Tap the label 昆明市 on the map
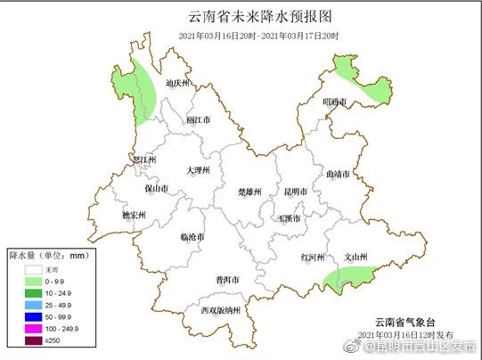click(295, 192)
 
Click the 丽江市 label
click(199, 119)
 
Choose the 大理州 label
click(198, 169)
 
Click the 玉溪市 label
click(290, 217)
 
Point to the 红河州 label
click(313, 258)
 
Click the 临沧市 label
click(192, 238)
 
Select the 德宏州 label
click(133, 216)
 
